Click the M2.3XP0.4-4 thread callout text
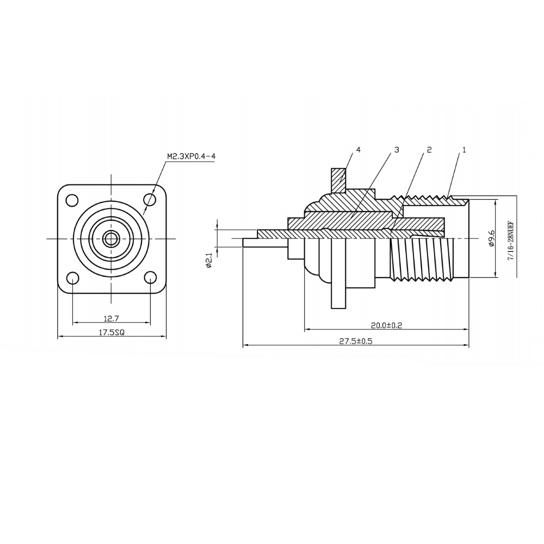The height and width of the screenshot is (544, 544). coord(191,157)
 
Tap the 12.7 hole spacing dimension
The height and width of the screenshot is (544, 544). coord(111,318)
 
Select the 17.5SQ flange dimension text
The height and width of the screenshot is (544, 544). coord(112,332)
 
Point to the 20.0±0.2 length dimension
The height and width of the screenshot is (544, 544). coord(386,325)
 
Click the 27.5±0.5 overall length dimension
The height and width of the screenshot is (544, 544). coord(355,341)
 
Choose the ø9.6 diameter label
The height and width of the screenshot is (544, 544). coord(491,239)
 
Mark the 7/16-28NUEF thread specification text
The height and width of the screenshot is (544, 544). coord(510,240)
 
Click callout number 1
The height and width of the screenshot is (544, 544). coord(464,150)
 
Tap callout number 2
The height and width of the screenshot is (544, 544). coord(429,150)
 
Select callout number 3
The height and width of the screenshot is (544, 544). coord(397,150)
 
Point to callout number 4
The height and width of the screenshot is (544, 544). coord(358,150)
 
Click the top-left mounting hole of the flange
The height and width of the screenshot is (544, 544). coord(72,200)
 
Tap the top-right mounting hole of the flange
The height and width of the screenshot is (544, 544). coord(150,200)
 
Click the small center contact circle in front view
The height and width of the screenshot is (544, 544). coord(111,239)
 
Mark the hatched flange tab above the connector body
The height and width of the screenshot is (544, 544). coord(338,181)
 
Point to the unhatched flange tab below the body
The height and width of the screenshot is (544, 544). coord(338,297)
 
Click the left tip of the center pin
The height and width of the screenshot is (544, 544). coord(243,243)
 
